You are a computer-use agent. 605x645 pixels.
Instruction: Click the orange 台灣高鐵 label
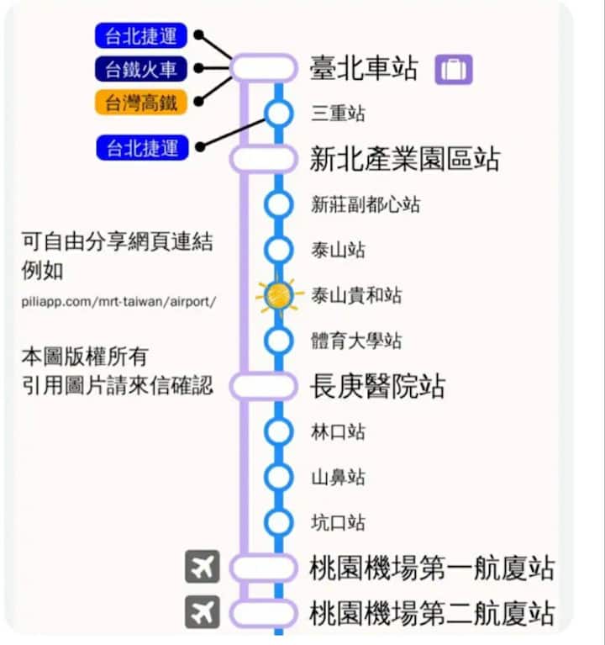[141, 103]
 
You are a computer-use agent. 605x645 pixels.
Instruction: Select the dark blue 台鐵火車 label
[141, 69]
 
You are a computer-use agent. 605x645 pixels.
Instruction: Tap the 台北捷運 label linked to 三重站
[142, 147]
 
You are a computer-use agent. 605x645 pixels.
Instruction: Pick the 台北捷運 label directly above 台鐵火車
[141, 35]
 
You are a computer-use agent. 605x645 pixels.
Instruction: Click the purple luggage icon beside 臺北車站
[454, 69]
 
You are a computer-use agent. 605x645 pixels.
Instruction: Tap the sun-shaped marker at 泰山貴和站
[279, 295]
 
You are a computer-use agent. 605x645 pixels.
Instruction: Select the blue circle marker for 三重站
[279, 114]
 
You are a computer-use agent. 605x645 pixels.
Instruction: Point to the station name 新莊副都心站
[366, 204]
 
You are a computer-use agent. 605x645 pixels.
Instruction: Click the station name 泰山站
[338, 250]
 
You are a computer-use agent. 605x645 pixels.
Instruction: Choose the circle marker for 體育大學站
[279, 341]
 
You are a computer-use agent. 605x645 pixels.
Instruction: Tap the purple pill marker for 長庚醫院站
[263, 386]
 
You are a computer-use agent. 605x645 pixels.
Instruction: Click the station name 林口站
[338, 432]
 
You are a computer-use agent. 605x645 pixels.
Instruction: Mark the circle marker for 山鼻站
[279, 477]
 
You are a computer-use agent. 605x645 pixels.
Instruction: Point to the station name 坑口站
[338, 523]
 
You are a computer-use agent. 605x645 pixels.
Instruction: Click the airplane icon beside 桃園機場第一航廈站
[203, 567]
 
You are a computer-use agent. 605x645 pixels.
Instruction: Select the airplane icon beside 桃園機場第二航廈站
[203, 612]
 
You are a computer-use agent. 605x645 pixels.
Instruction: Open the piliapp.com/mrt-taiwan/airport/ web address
[118, 302]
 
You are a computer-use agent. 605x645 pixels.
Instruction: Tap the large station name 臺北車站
[364, 68]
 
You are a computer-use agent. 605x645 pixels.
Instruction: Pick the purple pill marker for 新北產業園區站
[263, 159]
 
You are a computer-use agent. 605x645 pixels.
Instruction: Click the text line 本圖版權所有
[85, 357]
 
